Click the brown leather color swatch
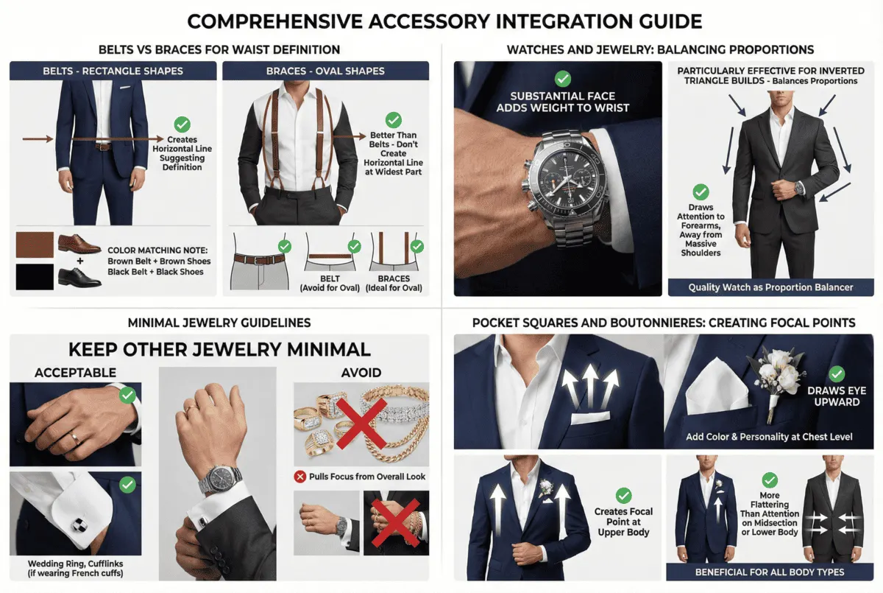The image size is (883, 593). pos(35,245)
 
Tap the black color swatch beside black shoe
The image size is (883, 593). pos(35,276)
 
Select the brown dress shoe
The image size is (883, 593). pos(79,244)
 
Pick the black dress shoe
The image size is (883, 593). pos(79,276)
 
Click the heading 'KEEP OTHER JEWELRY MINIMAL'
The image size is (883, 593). pos(219,348)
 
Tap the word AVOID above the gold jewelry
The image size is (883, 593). pos(361,373)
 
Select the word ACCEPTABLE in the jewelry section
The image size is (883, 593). pos(75,373)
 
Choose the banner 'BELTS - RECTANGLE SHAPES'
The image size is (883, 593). pos(113,71)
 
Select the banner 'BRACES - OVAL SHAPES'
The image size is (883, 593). pos(326,71)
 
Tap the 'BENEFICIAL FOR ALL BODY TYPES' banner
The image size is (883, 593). pos(770,572)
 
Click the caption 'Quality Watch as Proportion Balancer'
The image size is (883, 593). pos(770,287)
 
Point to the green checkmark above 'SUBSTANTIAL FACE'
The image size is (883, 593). pos(562,78)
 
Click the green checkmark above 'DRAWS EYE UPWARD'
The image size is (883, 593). pos(836,373)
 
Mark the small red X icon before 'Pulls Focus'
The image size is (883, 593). pos(300,477)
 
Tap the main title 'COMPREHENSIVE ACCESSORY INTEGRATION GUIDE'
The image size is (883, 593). pos(441,20)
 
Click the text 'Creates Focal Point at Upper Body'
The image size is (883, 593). pos(623,522)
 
